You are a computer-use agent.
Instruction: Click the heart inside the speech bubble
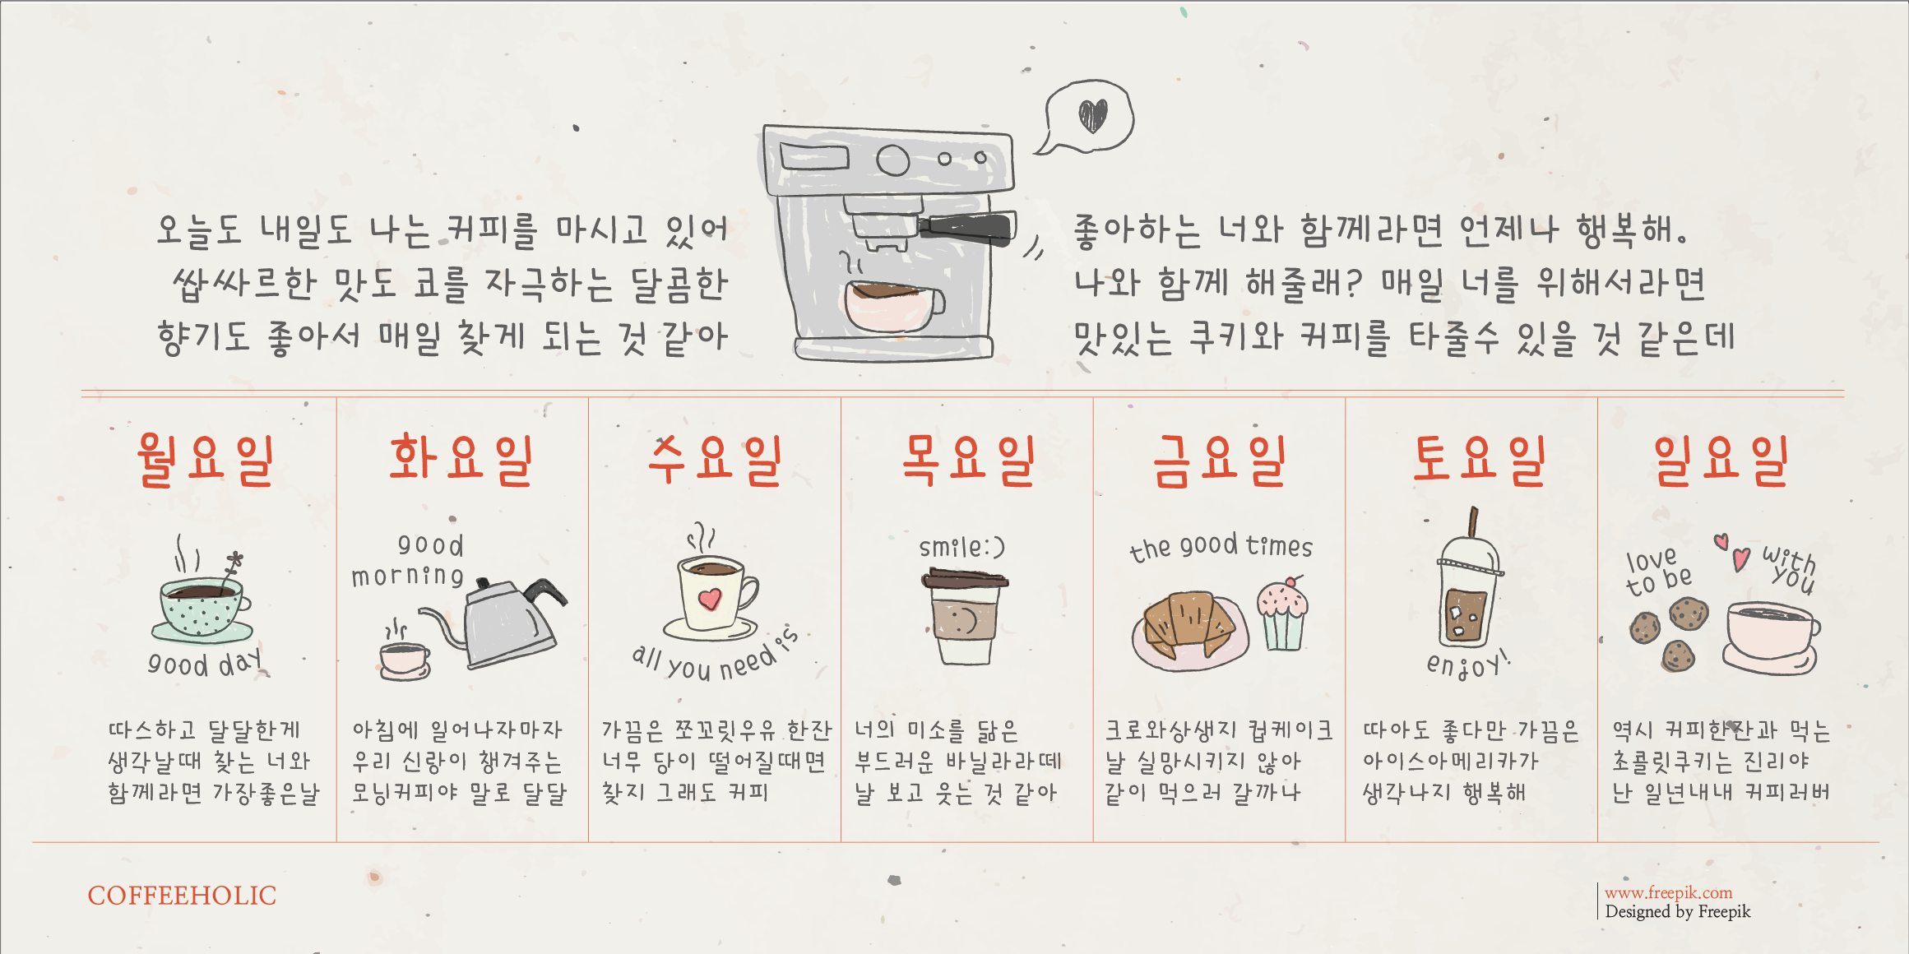1093,116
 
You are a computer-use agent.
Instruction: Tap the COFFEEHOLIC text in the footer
182,896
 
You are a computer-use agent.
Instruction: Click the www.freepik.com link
1668,892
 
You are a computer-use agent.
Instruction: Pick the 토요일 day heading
1479,460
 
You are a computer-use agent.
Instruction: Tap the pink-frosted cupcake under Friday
1282,614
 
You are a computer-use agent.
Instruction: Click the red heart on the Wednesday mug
709,599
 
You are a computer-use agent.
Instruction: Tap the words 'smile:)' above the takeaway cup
961,546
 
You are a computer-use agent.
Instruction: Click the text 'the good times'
1221,546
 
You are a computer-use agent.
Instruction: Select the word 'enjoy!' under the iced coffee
1468,663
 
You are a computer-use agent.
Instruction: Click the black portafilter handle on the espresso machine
967,228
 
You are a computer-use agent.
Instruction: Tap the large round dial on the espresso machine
892,160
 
